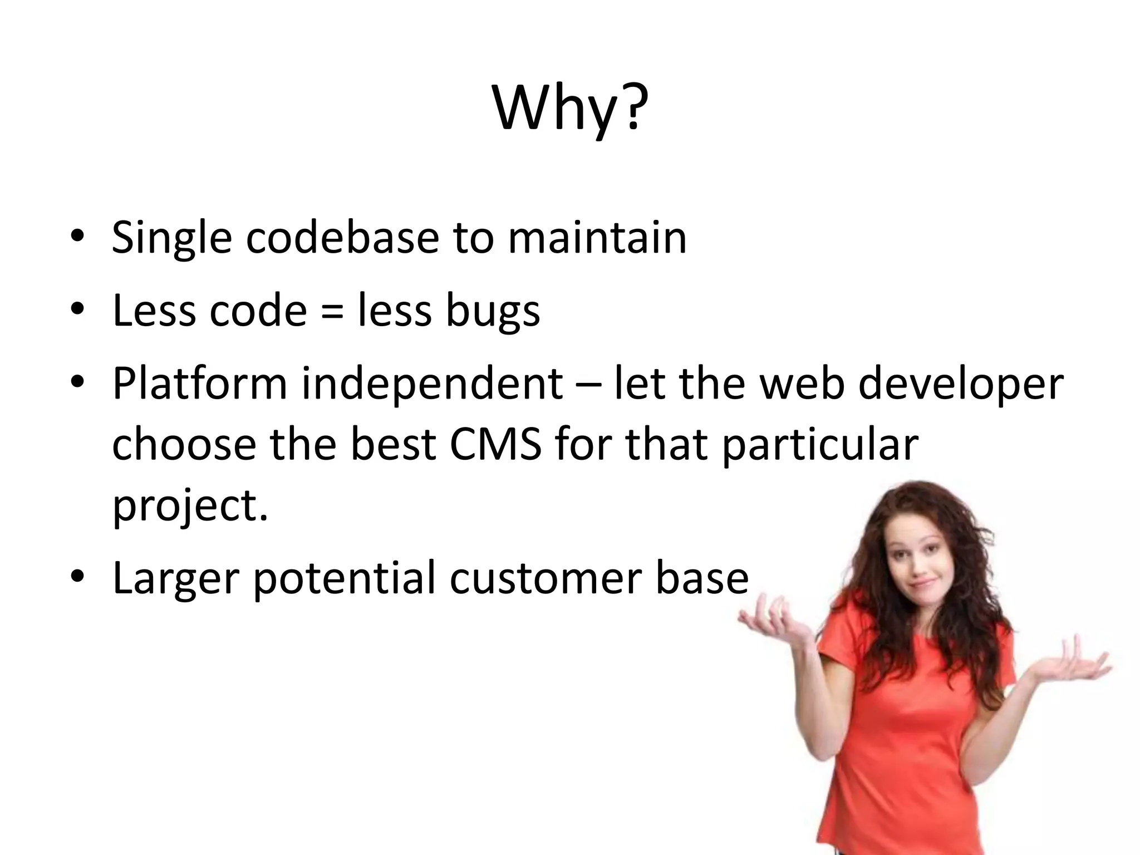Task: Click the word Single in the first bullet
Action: pyautogui.click(x=171, y=238)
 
